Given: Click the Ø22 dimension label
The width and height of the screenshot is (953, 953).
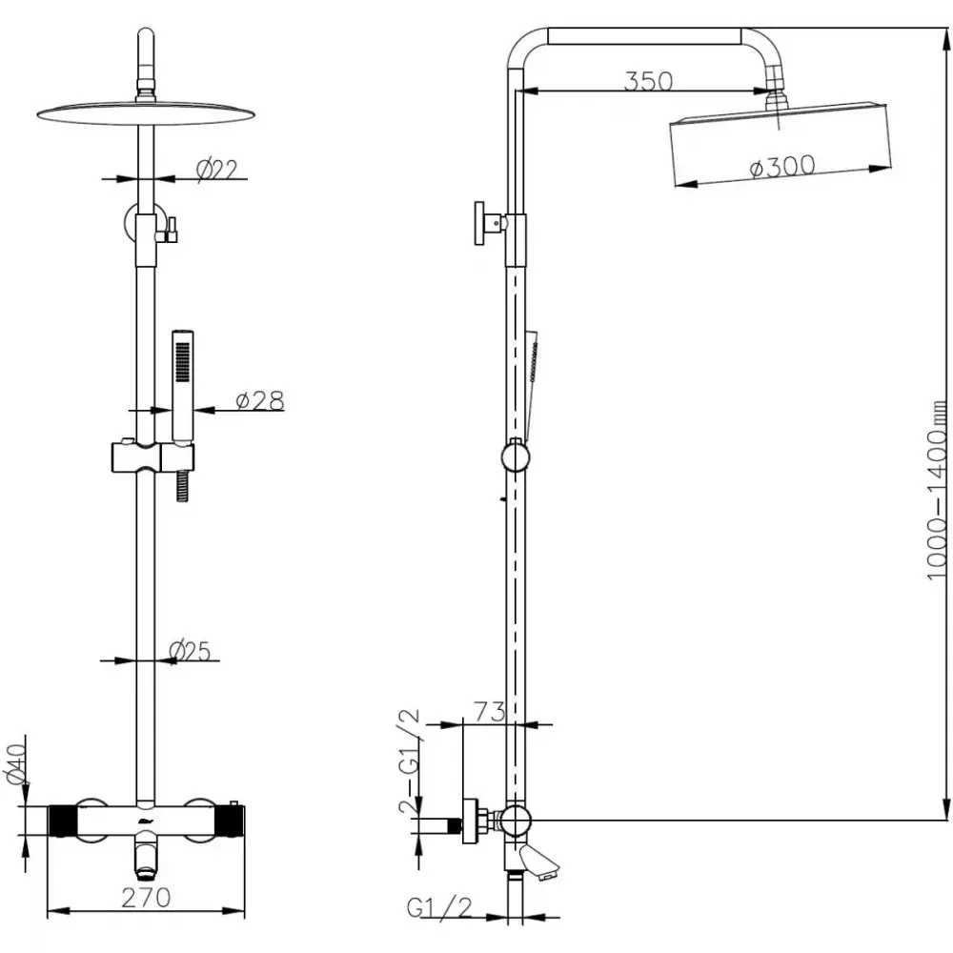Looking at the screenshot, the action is (217, 170).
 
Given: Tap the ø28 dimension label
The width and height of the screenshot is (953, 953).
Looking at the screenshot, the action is (259, 400).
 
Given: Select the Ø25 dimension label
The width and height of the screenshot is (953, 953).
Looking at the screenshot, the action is (190, 651).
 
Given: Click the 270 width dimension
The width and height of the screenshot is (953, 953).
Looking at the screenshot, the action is (146, 897).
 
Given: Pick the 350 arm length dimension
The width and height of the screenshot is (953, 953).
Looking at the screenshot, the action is (648, 81).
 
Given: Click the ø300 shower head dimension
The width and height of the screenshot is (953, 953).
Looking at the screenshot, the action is (782, 167).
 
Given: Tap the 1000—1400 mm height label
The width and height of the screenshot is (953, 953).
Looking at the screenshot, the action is (937, 490).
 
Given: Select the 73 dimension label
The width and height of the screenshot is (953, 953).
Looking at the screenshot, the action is (489, 711).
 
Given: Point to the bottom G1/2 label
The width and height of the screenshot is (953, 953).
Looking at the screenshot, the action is (438, 907).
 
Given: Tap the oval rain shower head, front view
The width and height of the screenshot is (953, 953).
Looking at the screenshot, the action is (145, 113).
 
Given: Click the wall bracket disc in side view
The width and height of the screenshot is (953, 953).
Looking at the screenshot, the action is (479, 223).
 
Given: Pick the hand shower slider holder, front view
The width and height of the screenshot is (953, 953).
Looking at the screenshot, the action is (152, 457).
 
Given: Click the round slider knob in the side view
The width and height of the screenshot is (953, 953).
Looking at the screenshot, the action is (516, 456).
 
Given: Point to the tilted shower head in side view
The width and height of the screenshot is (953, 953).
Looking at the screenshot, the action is (780, 145).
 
